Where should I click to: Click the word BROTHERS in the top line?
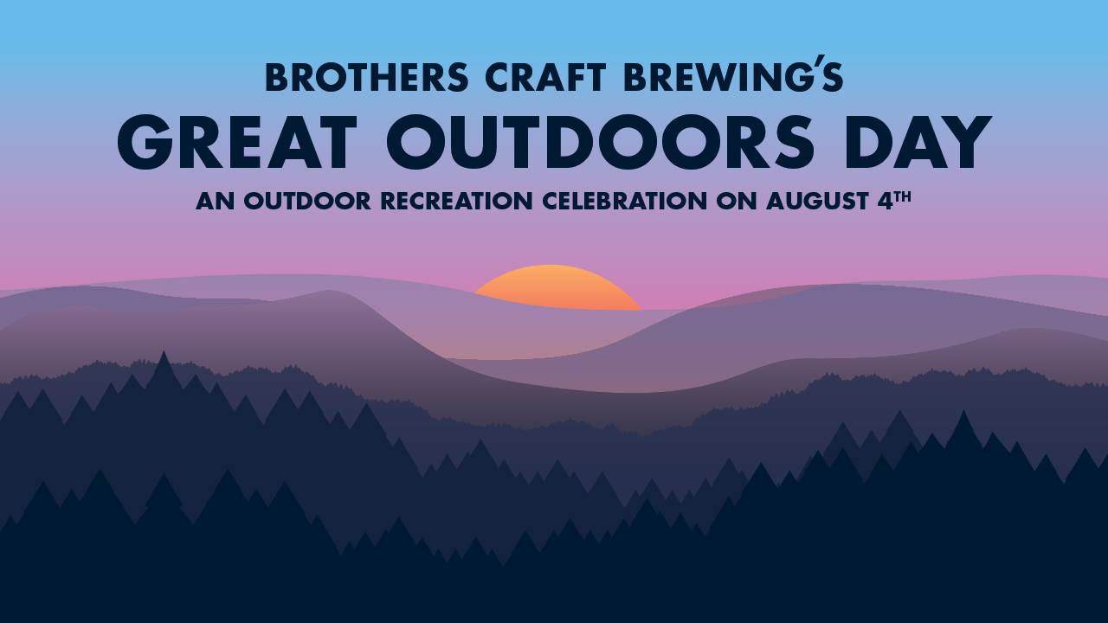pos(366,78)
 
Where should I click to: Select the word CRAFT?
pos(545,78)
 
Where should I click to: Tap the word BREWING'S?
pos(733,74)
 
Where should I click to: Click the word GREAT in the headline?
pos(237,143)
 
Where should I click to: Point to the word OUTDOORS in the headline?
pos(600,143)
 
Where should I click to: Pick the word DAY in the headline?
pos(918,143)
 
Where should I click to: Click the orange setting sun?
pos(557,288)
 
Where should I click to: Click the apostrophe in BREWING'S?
pos(813,61)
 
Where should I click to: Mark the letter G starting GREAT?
pos(145,143)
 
